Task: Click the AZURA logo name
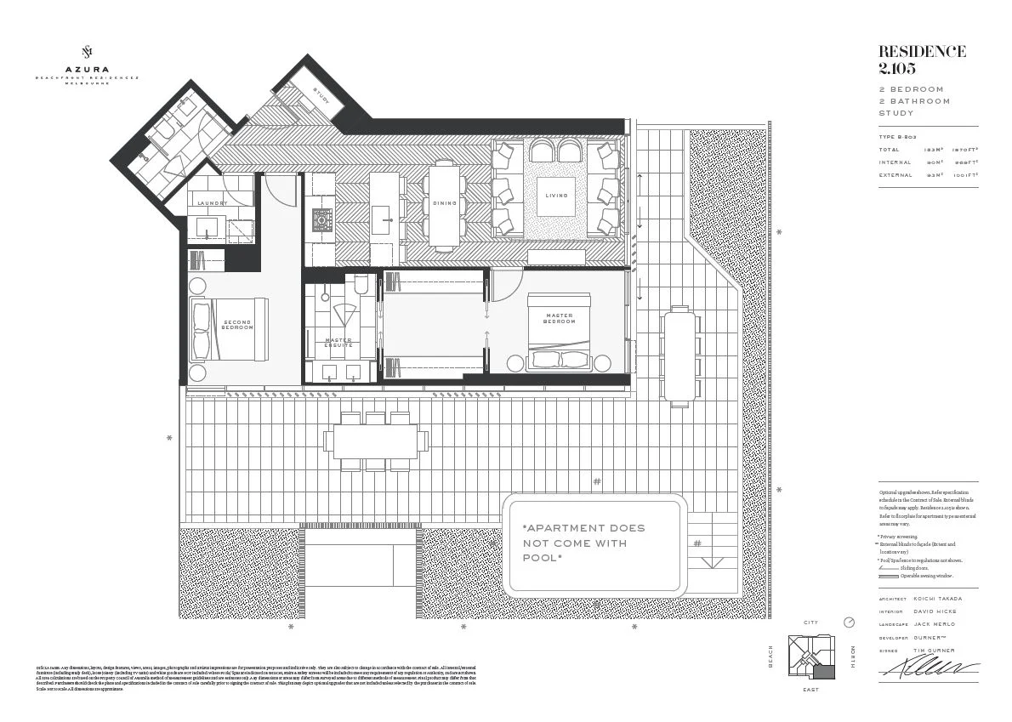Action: (85, 70)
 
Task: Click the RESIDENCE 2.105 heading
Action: (922, 59)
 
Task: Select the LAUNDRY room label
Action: (212, 203)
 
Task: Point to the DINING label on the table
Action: (445, 203)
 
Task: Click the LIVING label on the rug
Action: (556, 196)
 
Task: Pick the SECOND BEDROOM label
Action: (237, 325)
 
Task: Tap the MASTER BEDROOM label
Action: (559, 318)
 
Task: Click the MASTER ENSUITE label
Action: (338, 343)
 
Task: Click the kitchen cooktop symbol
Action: (322, 220)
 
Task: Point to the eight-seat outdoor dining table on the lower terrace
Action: (375, 441)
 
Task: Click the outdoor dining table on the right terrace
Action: (679, 355)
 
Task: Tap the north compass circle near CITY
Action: (848, 623)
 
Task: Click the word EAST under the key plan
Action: (810, 690)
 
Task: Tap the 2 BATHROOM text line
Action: (914, 101)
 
